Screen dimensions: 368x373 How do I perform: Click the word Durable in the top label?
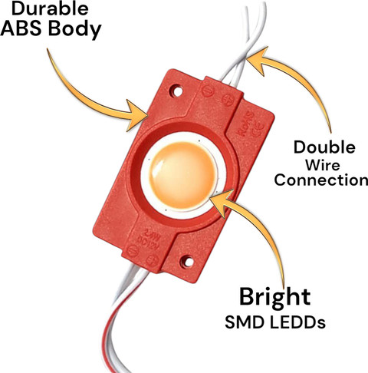pyautogui.click(x=50, y=8)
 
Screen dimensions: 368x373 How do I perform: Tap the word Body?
pyautogui.click(x=75, y=29)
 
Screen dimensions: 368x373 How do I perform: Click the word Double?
pyautogui.click(x=324, y=147)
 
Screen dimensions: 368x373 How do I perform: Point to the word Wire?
pyautogui.click(x=323, y=165)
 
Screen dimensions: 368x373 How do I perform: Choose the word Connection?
pyautogui.click(x=321, y=180)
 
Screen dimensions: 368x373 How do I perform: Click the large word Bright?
pyautogui.click(x=275, y=298)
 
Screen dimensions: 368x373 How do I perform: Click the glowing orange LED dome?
pyautogui.click(x=182, y=176)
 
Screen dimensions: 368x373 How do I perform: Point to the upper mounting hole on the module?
pyautogui.click(x=177, y=91)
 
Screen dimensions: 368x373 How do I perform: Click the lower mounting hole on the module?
pyautogui.click(x=188, y=262)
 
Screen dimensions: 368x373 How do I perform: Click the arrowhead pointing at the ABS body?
pyautogui.click(x=136, y=116)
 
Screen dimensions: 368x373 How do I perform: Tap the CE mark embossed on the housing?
pyautogui.click(x=258, y=129)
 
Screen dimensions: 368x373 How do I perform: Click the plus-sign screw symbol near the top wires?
pyautogui.click(x=228, y=100)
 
